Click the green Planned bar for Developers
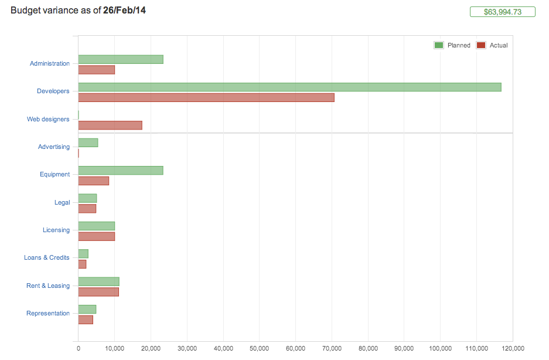pos(289,87)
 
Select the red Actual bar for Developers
pos(206,97)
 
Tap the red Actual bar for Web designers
pos(110,125)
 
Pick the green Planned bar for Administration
pos(121,59)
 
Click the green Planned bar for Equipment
pos(121,171)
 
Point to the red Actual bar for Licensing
pos(97,236)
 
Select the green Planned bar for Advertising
pos(88,142)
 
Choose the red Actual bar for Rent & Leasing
pos(98,292)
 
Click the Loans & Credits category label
pos(47,257)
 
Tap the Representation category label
pos(48,313)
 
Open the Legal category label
pos(62,202)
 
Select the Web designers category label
pos(48,119)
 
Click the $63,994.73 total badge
pos(503,12)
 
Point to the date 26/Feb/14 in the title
pos(124,10)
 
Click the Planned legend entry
pos(453,45)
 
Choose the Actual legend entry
pos(492,45)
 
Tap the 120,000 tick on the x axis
pos(513,347)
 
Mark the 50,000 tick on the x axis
pos(260,347)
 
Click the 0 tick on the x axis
pos(78,347)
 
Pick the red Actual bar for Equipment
pos(93,181)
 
